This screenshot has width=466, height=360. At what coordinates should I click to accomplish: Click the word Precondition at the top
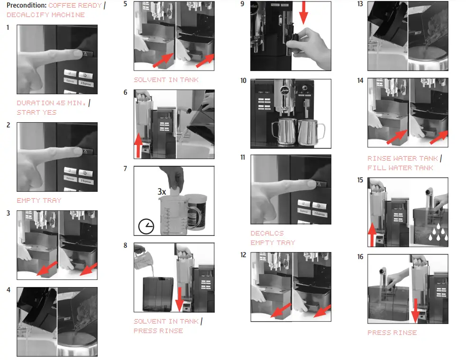coord(27,5)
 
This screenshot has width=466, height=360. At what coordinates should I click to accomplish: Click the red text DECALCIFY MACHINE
coord(46,15)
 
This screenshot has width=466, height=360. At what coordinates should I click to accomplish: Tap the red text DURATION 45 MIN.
coord(51,103)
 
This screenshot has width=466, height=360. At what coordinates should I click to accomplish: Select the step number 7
coord(125,169)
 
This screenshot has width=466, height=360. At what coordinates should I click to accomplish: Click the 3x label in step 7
coord(162,191)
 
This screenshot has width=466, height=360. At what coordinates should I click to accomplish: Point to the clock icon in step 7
coord(146,226)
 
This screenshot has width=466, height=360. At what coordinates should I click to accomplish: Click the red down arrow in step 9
coord(303,13)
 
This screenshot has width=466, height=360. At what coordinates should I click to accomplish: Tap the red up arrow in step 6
coord(138,145)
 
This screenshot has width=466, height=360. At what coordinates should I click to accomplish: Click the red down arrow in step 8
coord(179,299)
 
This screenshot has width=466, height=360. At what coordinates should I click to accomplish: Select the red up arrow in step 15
coord(372,234)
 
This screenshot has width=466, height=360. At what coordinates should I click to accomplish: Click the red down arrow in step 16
coord(415,311)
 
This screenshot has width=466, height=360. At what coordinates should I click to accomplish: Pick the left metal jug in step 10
coord(283,131)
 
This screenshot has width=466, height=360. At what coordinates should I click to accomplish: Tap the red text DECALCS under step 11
coord(267,233)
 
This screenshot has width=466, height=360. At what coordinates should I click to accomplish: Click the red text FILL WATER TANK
coord(400,168)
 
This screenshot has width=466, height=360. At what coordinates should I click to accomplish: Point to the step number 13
coord(360,4)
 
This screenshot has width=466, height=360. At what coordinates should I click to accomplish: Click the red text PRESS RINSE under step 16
coord(392,333)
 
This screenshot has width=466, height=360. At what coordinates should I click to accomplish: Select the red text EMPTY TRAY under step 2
coord(39,200)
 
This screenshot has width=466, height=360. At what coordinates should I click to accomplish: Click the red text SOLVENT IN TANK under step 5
coord(166,80)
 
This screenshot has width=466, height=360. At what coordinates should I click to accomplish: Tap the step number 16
coord(360,257)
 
